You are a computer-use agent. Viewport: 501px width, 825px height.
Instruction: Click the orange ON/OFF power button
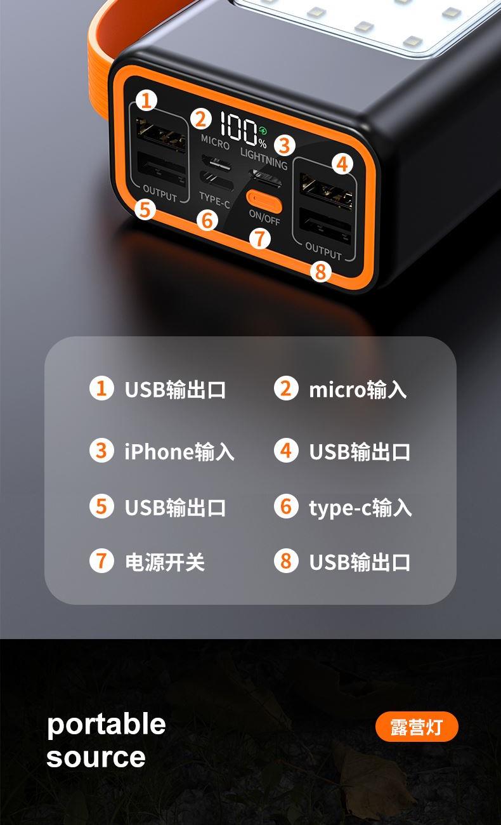(264, 201)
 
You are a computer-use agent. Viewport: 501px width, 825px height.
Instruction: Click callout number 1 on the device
(146, 100)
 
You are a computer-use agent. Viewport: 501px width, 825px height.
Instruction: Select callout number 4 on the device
(342, 164)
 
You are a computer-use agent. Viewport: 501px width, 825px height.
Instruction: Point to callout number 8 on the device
(321, 272)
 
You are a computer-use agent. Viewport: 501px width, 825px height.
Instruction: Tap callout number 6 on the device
(207, 220)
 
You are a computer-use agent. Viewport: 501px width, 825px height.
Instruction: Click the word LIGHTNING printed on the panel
(264, 159)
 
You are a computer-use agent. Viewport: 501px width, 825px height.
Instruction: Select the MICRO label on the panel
(216, 142)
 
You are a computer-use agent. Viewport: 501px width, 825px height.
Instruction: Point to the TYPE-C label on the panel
(214, 200)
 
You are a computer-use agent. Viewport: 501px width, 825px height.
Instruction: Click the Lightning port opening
(266, 178)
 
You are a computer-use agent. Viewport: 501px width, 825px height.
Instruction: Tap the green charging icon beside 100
(263, 130)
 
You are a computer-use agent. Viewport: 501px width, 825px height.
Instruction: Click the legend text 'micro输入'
(358, 389)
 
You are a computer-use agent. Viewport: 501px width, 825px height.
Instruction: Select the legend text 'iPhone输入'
(179, 451)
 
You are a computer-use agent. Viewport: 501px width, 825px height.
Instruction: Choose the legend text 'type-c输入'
(360, 508)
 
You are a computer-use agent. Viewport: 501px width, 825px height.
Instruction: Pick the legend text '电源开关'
(165, 562)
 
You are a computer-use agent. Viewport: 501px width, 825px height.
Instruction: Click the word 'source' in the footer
(96, 757)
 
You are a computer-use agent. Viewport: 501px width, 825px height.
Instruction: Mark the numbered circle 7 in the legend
(101, 560)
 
